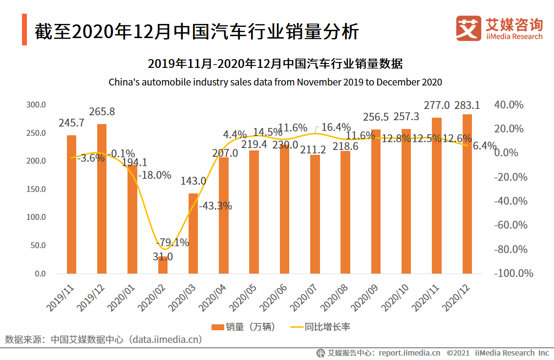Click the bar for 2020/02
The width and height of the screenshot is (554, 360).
(163, 265)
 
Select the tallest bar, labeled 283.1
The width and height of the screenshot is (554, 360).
(467, 194)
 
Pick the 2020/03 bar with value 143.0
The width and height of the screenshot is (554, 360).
(193, 233)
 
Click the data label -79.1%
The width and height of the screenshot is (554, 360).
(172, 243)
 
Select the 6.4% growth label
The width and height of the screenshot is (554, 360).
(484, 146)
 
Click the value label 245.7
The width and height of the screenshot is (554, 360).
(71, 123)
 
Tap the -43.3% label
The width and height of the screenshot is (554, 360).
(215, 206)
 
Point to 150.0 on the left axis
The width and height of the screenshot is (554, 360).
(36, 189)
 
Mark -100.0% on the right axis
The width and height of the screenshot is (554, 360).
(513, 274)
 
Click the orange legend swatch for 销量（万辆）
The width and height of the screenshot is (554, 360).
(217, 327)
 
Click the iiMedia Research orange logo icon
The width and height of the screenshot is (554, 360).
(468, 28)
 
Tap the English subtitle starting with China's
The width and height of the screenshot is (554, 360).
(275, 82)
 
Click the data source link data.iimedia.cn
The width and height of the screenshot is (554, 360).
(165, 339)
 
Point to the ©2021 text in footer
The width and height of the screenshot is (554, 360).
(458, 353)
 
